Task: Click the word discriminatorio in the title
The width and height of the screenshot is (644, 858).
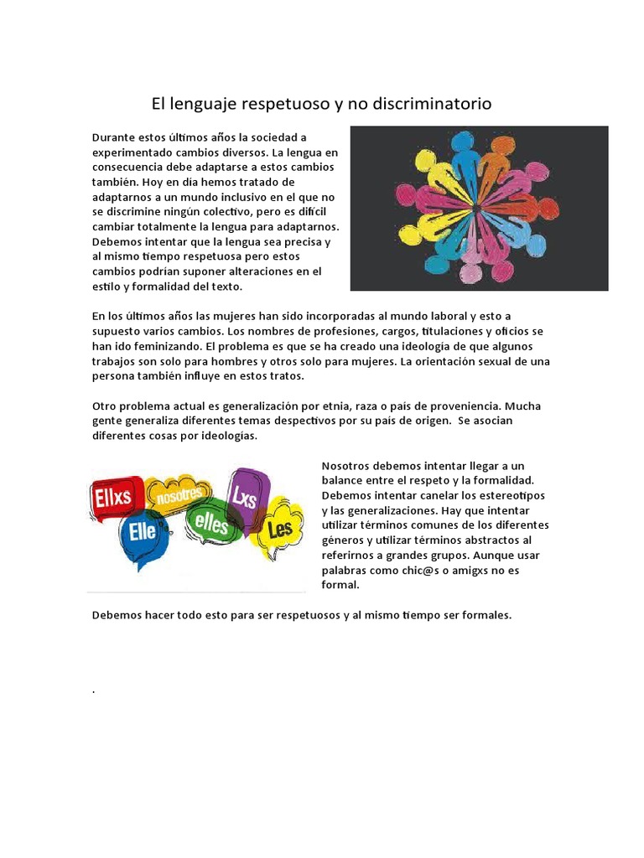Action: point(430,104)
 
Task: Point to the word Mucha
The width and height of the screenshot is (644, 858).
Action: point(524,406)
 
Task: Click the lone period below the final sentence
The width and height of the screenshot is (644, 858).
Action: point(93,691)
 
